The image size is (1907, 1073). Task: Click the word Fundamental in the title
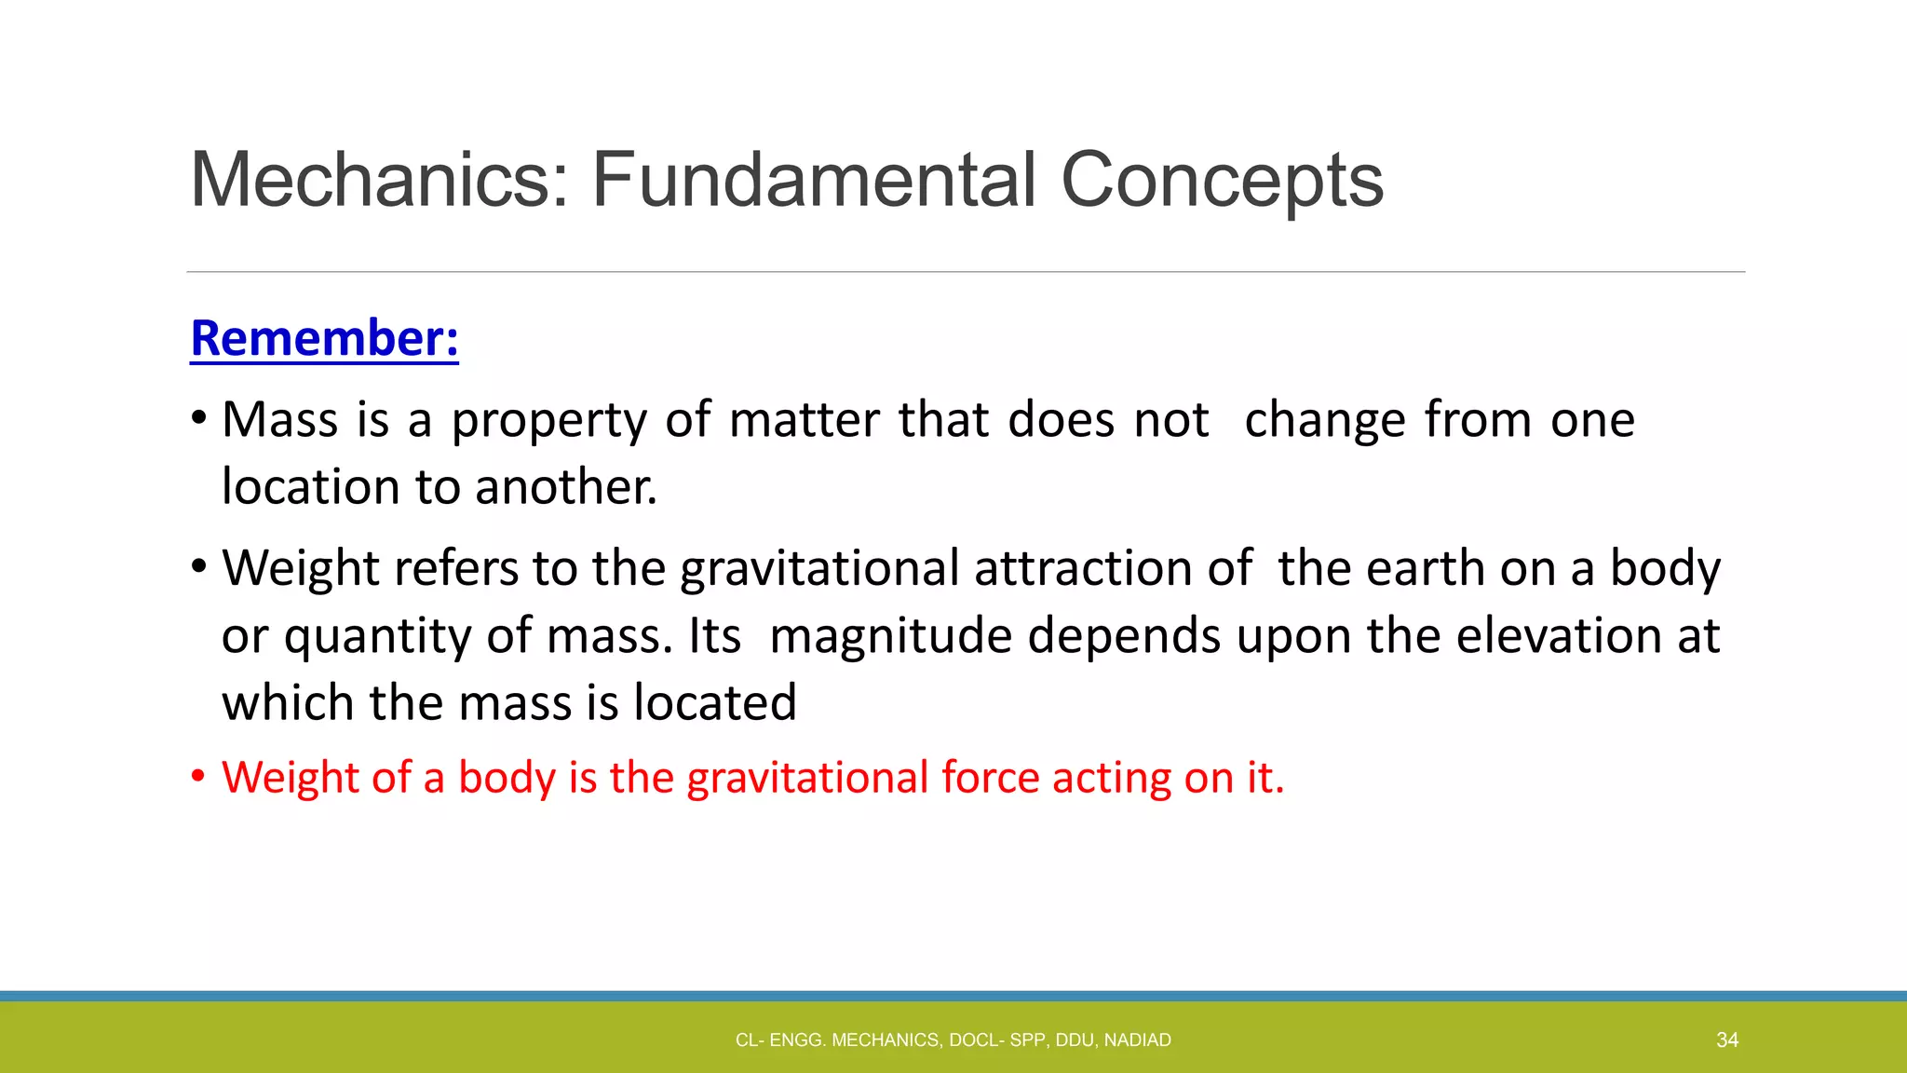tap(814, 180)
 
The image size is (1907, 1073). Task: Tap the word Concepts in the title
tap(1222, 182)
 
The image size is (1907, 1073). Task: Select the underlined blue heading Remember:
tap(324, 338)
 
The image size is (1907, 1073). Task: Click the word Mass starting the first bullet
tap(279, 420)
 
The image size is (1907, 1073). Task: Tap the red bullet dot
tap(197, 777)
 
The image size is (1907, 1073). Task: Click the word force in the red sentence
tap(990, 778)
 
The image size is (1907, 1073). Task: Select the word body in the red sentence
tap(507, 778)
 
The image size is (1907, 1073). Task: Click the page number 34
tap(1727, 1040)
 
